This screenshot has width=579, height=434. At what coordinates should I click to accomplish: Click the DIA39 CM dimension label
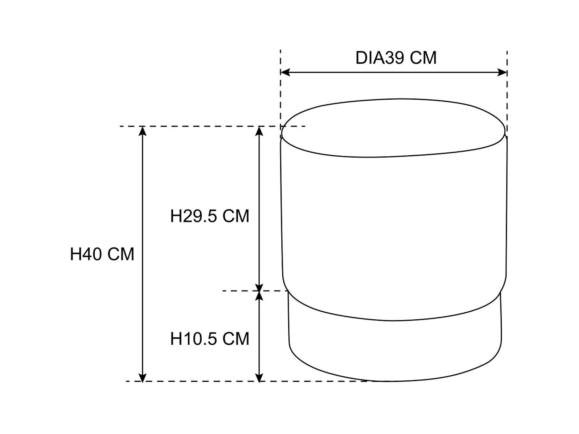click(x=396, y=58)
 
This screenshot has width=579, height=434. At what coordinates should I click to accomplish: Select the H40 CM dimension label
click(x=102, y=254)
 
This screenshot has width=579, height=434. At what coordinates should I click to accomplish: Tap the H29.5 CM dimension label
click(x=209, y=216)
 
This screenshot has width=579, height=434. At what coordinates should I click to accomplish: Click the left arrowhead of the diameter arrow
click(x=285, y=72)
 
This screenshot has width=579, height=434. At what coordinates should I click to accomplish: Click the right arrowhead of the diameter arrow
click(x=502, y=72)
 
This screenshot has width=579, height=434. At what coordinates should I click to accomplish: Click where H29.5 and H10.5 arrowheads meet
click(x=259, y=291)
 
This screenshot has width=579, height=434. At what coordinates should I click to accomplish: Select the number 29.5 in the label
click(x=200, y=216)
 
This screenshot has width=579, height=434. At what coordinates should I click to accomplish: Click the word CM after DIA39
click(x=423, y=58)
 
